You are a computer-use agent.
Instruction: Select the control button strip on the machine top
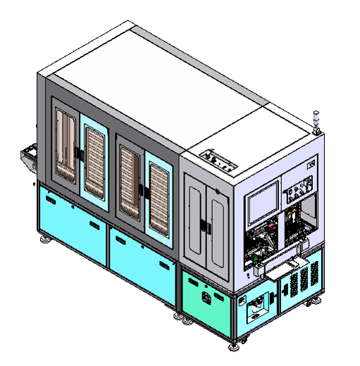[x=218, y=162]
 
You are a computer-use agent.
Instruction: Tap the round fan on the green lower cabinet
[x=207, y=298]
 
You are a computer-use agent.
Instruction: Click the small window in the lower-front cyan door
[x=257, y=305]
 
